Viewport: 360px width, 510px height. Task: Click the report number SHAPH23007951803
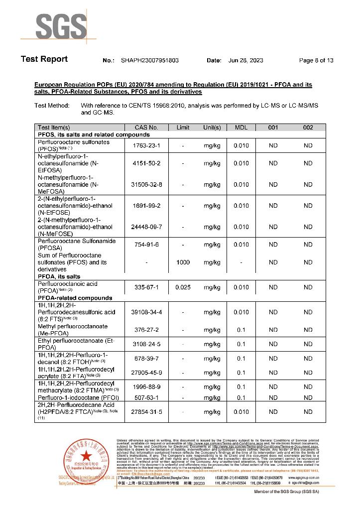point(149,60)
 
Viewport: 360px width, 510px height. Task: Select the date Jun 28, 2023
point(245,60)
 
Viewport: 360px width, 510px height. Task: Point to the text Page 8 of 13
point(316,60)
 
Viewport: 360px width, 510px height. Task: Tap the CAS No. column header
point(146,127)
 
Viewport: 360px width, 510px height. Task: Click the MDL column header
point(241,127)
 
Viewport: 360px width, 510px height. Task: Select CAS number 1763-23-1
point(146,145)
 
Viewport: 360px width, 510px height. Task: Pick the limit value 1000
point(183,262)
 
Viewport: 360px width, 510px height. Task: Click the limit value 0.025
point(183,287)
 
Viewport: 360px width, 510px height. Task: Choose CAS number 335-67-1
point(146,287)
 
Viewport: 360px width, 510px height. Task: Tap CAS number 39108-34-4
point(146,312)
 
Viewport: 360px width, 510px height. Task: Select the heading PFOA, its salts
point(59,276)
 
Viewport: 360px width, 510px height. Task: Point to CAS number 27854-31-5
point(146,412)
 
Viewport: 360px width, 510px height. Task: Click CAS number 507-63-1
point(146,397)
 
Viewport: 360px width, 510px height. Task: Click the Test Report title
point(44,59)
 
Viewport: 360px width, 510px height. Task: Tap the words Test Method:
point(52,106)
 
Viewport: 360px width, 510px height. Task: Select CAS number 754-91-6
point(146,245)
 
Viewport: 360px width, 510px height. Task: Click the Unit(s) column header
point(212,127)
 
